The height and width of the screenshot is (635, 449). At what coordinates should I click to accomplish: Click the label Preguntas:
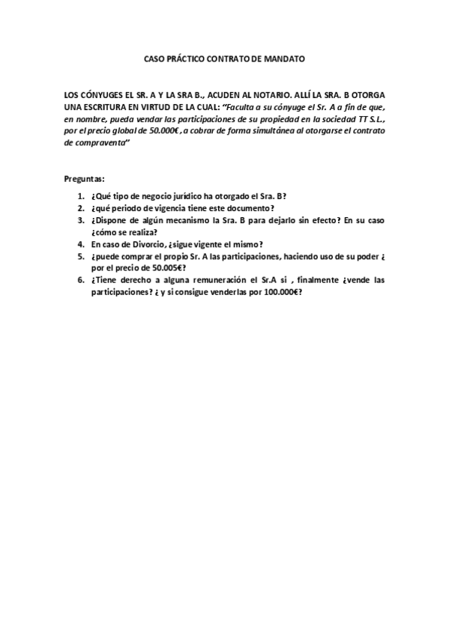pos(85,180)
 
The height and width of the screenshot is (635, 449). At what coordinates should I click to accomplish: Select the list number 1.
pos(80,196)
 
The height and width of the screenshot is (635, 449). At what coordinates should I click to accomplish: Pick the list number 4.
pos(80,244)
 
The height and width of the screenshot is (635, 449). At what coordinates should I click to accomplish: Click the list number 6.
pos(80,280)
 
